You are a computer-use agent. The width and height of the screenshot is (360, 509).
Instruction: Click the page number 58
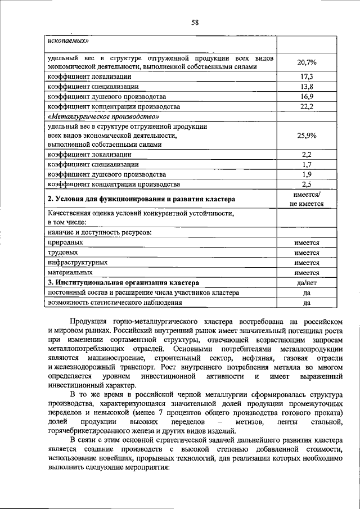click(x=195, y=22)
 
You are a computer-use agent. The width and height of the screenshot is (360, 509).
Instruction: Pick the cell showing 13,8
click(x=307, y=86)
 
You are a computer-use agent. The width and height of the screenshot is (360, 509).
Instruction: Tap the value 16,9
click(x=307, y=96)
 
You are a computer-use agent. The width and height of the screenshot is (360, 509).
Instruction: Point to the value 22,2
click(x=307, y=106)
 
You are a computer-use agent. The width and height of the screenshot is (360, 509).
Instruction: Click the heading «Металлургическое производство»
click(x=100, y=116)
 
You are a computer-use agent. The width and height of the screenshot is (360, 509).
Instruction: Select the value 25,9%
click(x=306, y=136)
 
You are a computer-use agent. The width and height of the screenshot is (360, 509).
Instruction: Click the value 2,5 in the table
click(x=307, y=184)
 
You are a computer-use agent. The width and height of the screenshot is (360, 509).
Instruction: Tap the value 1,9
click(x=307, y=174)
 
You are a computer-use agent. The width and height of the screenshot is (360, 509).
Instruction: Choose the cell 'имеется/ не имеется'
click(x=306, y=199)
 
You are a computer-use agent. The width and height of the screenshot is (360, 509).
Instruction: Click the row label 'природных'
click(x=63, y=242)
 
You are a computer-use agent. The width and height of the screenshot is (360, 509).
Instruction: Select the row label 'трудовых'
click(x=61, y=253)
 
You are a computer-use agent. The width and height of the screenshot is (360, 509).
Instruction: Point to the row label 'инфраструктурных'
click(x=78, y=263)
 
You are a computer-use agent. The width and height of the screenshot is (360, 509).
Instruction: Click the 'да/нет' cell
click(x=307, y=283)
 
